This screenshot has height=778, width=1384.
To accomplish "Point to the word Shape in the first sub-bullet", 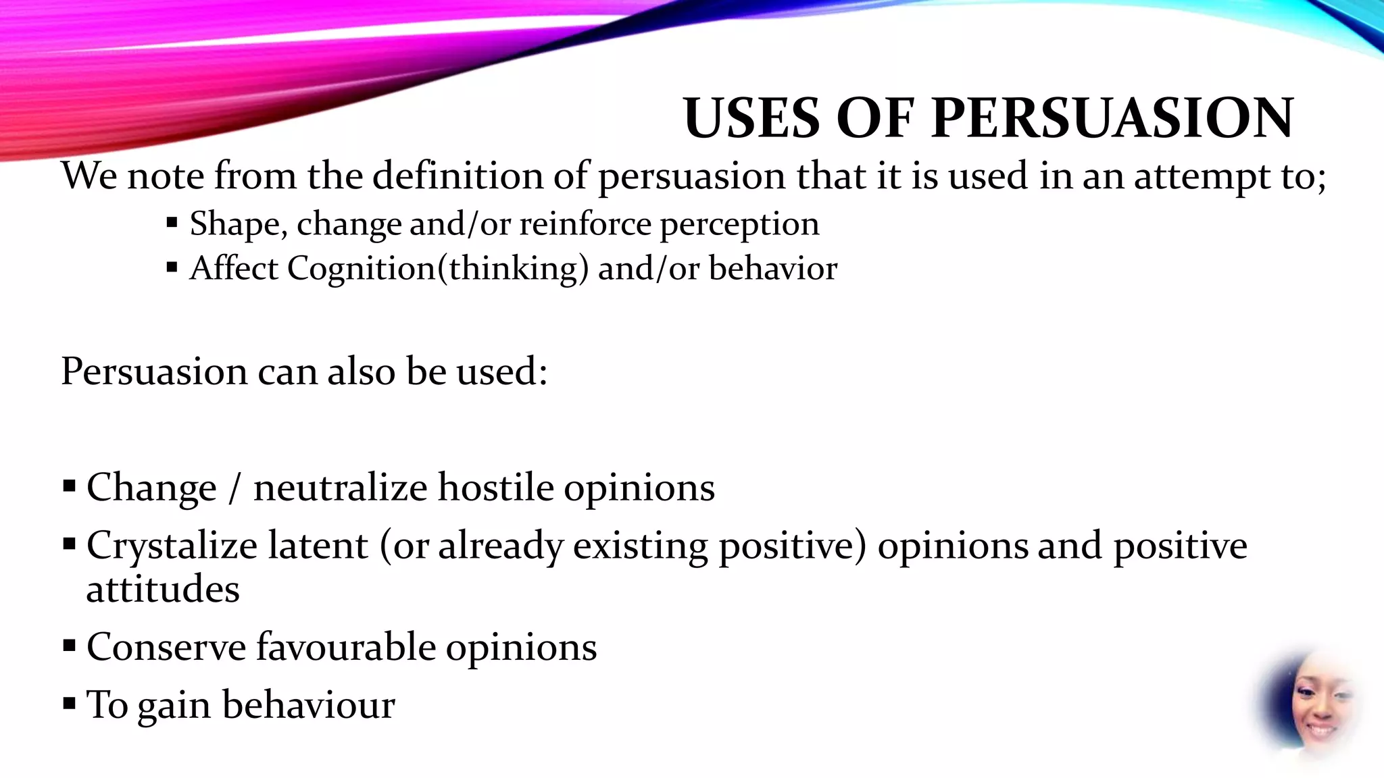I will pos(234,224).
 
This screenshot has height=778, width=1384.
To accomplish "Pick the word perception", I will pos(739,226).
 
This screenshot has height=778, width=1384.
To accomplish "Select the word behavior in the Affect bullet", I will pos(773,268).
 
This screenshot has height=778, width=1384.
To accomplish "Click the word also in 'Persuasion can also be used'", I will pos(361,371).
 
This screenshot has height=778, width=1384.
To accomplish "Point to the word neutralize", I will pos(340,488).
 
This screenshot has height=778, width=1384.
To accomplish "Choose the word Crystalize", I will pos(172,546).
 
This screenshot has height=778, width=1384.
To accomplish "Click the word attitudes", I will pos(163,589).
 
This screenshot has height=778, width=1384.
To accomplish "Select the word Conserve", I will pos(166,647).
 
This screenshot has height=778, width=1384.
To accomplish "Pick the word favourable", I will pos(345,647).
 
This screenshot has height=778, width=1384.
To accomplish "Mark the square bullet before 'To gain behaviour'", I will pos(69,704).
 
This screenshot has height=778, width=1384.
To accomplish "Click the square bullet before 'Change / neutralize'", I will pos(69,486).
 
